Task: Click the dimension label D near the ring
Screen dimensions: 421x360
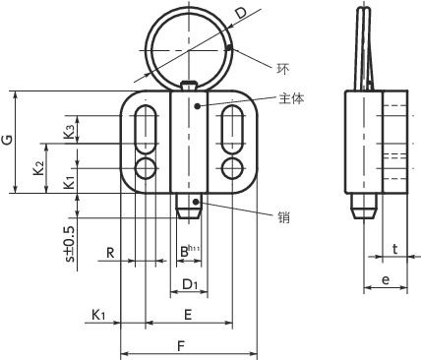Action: pos(241,13)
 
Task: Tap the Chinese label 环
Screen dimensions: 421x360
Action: pos(283,69)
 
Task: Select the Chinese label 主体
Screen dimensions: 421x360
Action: pos(291,98)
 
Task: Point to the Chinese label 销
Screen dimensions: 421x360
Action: pos(283,216)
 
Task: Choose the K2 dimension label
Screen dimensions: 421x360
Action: pos(39,167)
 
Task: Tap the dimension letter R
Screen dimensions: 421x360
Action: pos(110,253)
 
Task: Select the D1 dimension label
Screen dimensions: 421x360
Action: pos(190,284)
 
